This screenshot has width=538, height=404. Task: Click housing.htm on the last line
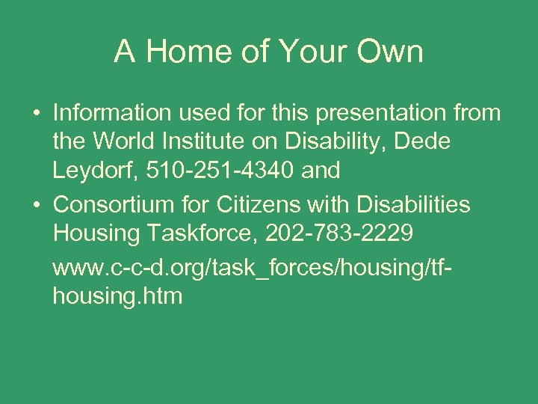pyautogui.click(x=117, y=296)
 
